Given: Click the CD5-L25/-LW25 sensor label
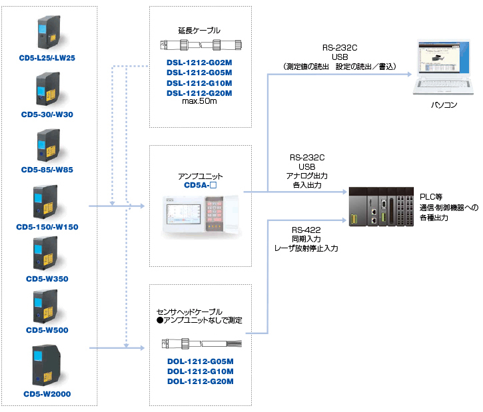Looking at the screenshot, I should [x=47, y=58].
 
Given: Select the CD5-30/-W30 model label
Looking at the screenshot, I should [x=47, y=114].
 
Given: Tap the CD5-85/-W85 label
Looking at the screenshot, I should [x=47, y=170].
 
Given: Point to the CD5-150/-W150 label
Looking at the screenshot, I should [x=47, y=227].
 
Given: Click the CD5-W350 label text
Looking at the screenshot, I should [x=47, y=279].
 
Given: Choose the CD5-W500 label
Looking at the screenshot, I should [x=47, y=330].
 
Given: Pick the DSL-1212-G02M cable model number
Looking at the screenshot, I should [x=199, y=62].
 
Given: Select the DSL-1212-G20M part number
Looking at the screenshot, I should [x=199, y=93].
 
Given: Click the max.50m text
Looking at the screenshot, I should [x=199, y=102].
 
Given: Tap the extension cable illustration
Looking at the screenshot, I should [x=199, y=45].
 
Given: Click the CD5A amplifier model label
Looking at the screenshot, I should [x=199, y=186].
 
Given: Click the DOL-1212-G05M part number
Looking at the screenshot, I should [x=200, y=361].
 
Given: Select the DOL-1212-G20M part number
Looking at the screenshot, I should [x=200, y=381].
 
